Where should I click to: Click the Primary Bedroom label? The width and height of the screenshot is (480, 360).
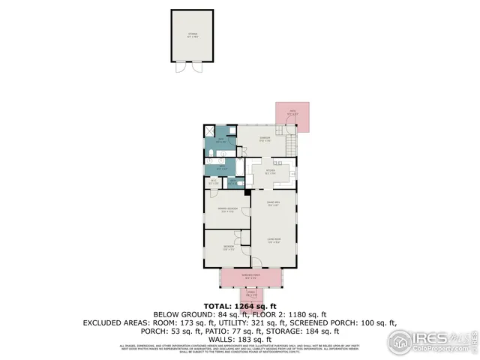pyautogui.click(x=227, y=209)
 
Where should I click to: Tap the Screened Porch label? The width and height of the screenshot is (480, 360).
pyautogui.click(x=250, y=276)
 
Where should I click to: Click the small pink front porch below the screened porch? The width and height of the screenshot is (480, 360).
pyautogui.click(x=251, y=293)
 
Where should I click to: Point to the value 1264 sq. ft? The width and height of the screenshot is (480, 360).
pyautogui.click(x=245, y=306)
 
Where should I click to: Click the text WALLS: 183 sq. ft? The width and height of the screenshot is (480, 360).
pyautogui.click(x=240, y=339)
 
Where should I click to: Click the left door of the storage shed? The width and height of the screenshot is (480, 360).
pyautogui.click(x=180, y=67)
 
